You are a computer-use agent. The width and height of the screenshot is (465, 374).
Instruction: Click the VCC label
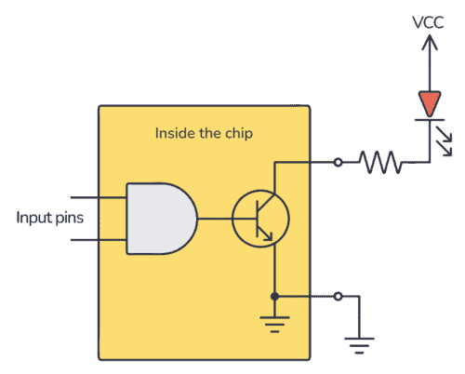(x=428, y=20)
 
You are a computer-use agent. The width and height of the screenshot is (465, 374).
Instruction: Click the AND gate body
(x=158, y=219)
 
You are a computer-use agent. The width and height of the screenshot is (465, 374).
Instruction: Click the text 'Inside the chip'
(x=205, y=133)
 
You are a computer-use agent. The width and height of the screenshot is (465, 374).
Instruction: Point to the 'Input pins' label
(x=48, y=219)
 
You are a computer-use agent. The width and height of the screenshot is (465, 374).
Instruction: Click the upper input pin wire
(x=98, y=198)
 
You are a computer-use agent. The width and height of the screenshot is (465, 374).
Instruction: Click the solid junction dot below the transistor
(x=274, y=297)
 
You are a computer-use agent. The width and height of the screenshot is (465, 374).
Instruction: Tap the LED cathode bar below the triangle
(x=428, y=119)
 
